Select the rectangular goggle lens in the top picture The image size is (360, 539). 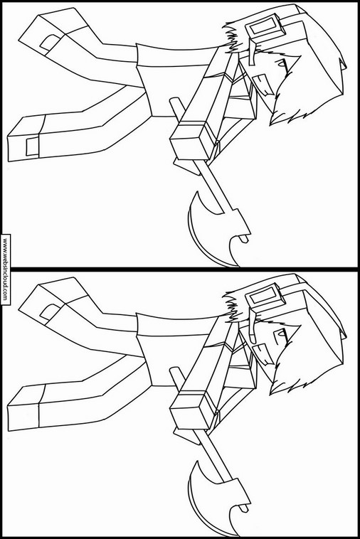pos(265,26)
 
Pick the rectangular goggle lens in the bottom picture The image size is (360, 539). pos(265,295)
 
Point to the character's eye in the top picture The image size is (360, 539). pos(282,63)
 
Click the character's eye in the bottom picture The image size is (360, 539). pos(282,333)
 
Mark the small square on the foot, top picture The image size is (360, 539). pos(32,146)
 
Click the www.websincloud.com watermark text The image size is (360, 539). pos(5,269)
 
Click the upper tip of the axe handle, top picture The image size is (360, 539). pos(174,101)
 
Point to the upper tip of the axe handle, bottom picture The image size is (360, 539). pos(174,370)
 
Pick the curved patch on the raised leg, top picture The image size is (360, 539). pos(51,42)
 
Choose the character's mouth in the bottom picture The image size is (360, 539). pos(264,354)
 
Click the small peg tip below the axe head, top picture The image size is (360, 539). pos(243,239)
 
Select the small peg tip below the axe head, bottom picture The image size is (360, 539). pos(243,508)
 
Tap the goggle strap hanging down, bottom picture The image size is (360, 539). pos(253,326)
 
